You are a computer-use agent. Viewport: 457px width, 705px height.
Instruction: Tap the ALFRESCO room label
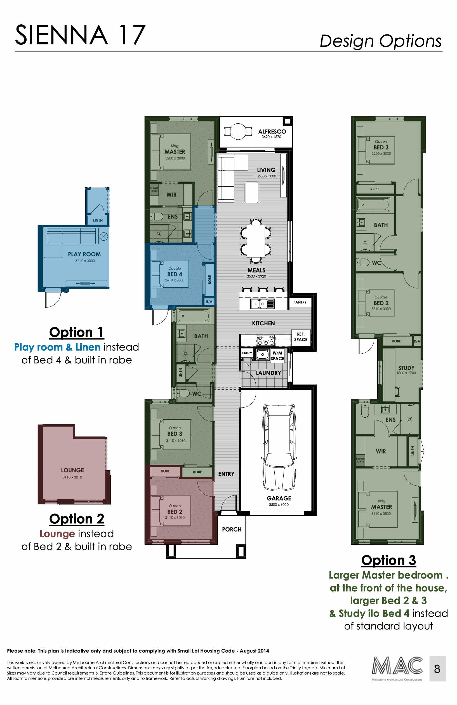tap(272, 131)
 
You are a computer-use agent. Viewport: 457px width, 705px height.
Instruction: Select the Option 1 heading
tap(76, 332)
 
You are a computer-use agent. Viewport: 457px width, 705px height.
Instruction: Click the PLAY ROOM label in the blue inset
tap(84, 254)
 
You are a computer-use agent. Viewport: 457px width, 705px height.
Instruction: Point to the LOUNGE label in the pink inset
tap(72, 470)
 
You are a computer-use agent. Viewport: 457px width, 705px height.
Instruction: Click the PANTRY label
tap(300, 302)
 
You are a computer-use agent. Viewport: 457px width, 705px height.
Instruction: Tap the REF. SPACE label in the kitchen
tap(301, 337)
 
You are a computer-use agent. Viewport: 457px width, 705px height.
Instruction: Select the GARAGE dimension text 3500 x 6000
tap(279, 504)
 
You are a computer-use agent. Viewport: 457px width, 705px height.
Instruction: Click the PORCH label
tap(232, 529)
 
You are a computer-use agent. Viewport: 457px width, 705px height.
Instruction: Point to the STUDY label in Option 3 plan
tap(406, 368)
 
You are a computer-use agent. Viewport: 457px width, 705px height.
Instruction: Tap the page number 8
tap(437, 669)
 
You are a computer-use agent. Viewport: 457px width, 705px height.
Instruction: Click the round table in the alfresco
tap(238, 131)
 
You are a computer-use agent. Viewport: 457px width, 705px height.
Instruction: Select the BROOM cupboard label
tap(247, 353)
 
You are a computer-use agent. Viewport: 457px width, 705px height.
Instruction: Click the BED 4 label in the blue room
tap(175, 274)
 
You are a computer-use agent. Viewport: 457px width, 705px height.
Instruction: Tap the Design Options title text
tap(381, 41)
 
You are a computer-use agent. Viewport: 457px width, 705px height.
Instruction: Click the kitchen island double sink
tap(260, 304)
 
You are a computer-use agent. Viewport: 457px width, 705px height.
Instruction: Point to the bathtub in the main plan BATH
tap(194, 316)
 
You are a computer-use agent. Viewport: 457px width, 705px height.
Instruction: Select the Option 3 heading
tap(388, 560)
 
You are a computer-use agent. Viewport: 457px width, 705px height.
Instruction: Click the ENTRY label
tap(226, 474)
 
